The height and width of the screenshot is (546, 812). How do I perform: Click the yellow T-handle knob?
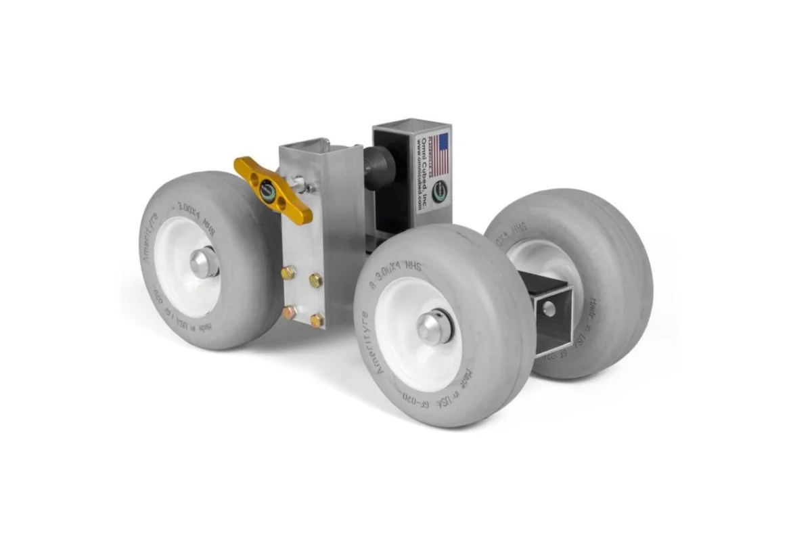pyautogui.click(x=273, y=190)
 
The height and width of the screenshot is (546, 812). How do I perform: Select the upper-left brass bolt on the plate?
pyautogui.click(x=288, y=273)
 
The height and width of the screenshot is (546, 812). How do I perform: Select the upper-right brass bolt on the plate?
pyautogui.click(x=315, y=279)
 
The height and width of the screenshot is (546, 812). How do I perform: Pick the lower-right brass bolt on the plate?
pyautogui.click(x=316, y=319)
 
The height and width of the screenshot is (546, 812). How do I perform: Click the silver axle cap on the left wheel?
pyautogui.click(x=204, y=262)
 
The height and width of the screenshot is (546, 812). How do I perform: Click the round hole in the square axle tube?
pyautogui.click(x=549, y=309)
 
